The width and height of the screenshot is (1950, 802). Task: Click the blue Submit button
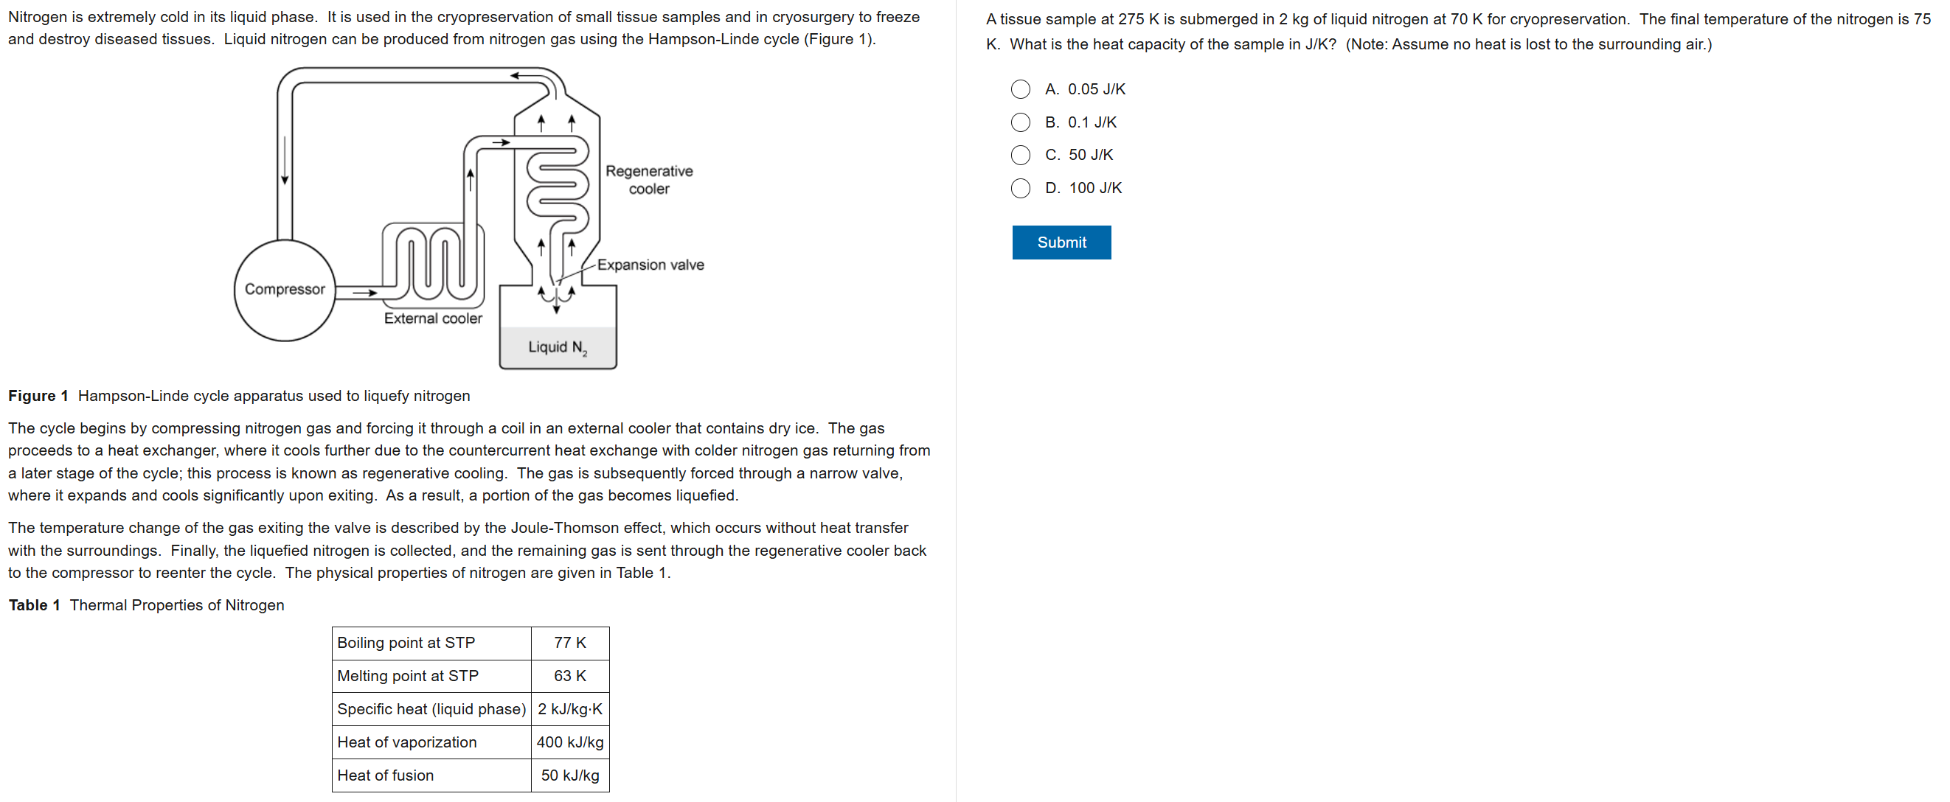click(x=1061, y=242)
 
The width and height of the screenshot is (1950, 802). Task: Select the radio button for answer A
click(x=1020, y=89)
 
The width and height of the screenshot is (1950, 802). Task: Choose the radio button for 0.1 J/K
click(x=1020, y=122)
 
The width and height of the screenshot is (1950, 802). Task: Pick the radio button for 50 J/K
click(x=1020, y=155)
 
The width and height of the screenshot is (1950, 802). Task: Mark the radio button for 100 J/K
click(x=1020, y=189)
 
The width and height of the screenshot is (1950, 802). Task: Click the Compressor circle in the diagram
click(x=284, y=290)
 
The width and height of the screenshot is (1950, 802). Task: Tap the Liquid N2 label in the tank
click(x=557, y=347)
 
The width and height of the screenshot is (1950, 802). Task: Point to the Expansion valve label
click(x=650, y=265)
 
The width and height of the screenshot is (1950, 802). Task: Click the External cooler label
click(x=432, y=318)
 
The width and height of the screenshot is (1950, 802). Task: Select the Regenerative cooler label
click(x=649, y=180)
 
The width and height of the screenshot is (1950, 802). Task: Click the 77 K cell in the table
click(x=569, y=643)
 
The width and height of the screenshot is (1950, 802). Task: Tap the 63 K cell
click(x=569, y=676)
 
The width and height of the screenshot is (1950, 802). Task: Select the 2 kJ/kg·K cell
click(x=569, y=709)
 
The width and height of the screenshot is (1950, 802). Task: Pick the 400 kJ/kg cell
click(x=569, y=742)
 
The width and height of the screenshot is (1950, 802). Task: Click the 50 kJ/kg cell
click(x=569, y=775)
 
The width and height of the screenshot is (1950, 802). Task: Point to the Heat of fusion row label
click(x=385, y=775)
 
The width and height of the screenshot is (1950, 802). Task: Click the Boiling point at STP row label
click(x=406, y=643)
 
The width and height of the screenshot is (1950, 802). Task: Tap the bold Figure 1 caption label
click(x=38, y=396)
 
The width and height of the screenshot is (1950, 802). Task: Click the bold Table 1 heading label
click(x=34, y=605)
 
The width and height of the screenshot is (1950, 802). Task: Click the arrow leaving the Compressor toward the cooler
click(x=364, y=293)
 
